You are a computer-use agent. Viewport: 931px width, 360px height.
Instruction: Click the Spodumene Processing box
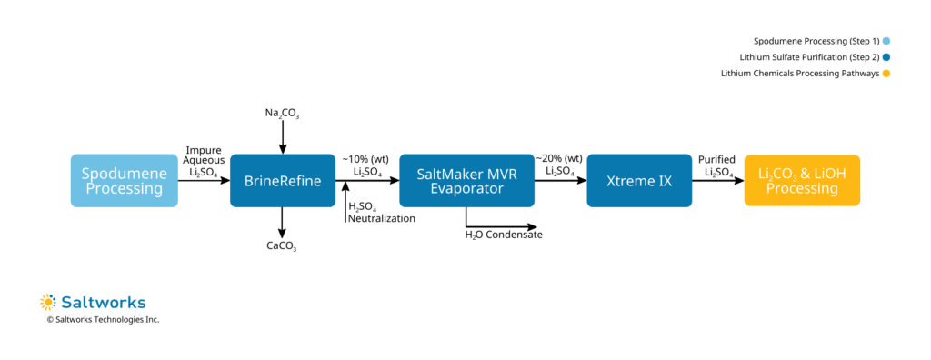[x=123, y=181]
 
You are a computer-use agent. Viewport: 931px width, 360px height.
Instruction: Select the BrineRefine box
[x=282, y=181]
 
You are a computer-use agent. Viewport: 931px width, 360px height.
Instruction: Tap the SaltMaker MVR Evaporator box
[x=465, y=181]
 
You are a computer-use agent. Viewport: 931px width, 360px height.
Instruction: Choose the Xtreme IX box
[x=639, y=181]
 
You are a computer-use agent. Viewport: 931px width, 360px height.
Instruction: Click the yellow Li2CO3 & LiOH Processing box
[x=801, y=181]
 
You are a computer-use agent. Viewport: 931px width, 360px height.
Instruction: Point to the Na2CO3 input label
[x=283, y=114]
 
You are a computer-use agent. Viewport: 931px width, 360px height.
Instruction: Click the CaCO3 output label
[x=282, y=246]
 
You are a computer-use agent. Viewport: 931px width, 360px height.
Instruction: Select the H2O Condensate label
[x=503, y=235]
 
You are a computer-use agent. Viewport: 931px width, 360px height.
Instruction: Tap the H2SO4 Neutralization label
[x=382, y=213]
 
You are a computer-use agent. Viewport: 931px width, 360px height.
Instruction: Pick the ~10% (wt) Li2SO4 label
[x=365, y=165]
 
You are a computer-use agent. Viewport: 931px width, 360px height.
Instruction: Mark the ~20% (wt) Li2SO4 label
[x=559, y=165]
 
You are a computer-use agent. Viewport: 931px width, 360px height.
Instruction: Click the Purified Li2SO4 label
[x=716, y=165]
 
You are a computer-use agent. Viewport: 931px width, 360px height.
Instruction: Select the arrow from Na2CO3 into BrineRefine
[x=283, y=138]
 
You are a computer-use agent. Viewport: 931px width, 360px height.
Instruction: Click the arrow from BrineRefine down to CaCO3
[x=283, y=222]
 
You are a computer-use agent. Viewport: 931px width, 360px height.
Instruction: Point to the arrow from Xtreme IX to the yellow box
[x=717, y=181]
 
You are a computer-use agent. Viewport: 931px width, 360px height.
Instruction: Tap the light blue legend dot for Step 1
[x=886, y=41]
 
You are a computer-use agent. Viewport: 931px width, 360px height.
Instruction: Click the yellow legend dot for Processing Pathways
[x=886, y=74]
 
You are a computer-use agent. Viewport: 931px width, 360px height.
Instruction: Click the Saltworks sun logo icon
[x=48, y=302]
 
